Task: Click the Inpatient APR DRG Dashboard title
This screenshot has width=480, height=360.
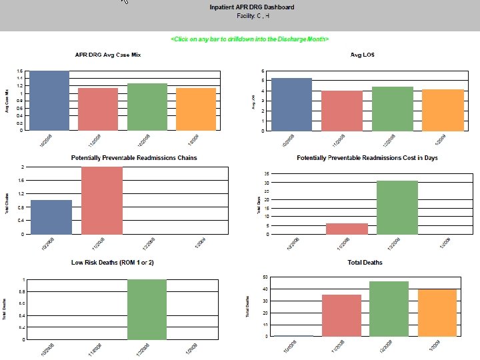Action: click(x=251, y=7)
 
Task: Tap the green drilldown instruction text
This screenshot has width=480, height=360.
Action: click(x=249, y=39)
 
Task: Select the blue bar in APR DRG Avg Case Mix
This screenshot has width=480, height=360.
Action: click(x=50, y=101)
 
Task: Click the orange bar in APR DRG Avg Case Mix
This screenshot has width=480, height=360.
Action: click(x=195, y=109)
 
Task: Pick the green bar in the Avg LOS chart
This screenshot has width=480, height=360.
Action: click(x=392, y=109)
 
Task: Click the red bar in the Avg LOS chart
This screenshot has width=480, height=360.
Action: click(x=343, y=111)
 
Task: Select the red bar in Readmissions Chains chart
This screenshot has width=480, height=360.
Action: click(x=102, y=201)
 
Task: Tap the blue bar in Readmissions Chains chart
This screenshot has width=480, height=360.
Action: click(x=51, y=217)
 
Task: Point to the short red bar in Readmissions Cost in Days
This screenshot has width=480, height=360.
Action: click(x=347, y=229)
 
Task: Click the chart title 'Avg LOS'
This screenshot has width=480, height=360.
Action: click(x=362, y=55)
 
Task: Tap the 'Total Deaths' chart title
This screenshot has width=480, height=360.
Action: click(x=365, y=263)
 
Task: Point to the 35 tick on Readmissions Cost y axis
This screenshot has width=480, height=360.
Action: click(x=267, y=173)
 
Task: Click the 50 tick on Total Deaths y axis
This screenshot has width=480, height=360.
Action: click(x=265, y=277)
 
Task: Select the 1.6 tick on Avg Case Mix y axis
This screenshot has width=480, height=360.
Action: click(x=20, y=71)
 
